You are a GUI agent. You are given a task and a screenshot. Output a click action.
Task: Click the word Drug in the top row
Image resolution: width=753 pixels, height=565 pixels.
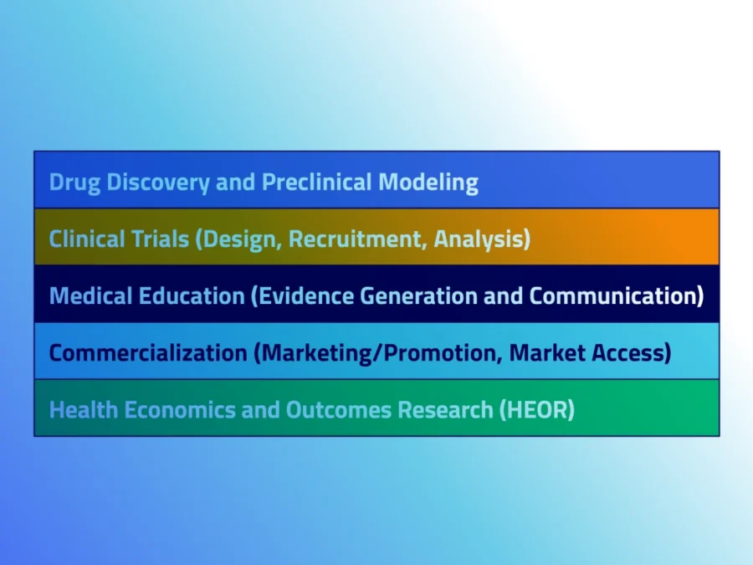pos(75,183)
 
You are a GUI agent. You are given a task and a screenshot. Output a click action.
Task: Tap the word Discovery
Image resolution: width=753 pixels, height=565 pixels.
pos(158,183)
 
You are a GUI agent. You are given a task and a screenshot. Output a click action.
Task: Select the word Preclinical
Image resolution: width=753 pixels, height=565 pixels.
pos(317,182)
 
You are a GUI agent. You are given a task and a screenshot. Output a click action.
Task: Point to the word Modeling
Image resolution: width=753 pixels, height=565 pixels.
pos(428,183)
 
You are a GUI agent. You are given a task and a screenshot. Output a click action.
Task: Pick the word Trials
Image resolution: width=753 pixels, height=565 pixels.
pos(158,239)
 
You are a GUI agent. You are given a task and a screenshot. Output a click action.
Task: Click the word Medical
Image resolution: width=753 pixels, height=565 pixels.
pos(90,295)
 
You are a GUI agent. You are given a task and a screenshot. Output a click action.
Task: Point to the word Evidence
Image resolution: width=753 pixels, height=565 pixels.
pos(306,295)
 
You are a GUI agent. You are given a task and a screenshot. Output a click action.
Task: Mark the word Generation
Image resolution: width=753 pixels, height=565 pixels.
pos(418,295)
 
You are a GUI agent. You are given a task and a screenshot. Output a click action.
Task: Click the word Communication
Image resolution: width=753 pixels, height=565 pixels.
pos(612,295)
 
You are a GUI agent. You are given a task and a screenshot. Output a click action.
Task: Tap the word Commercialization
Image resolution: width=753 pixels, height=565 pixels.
pos(148,352)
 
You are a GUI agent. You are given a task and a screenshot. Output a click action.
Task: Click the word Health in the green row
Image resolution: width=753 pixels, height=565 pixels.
pos(84,409)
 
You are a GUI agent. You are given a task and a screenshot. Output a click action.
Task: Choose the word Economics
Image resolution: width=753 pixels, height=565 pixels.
pos(180,409)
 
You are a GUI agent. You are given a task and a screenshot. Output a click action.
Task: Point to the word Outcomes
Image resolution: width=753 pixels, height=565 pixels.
pos(339,409)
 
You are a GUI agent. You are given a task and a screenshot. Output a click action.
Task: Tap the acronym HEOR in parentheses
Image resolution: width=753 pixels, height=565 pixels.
pos(537,410)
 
